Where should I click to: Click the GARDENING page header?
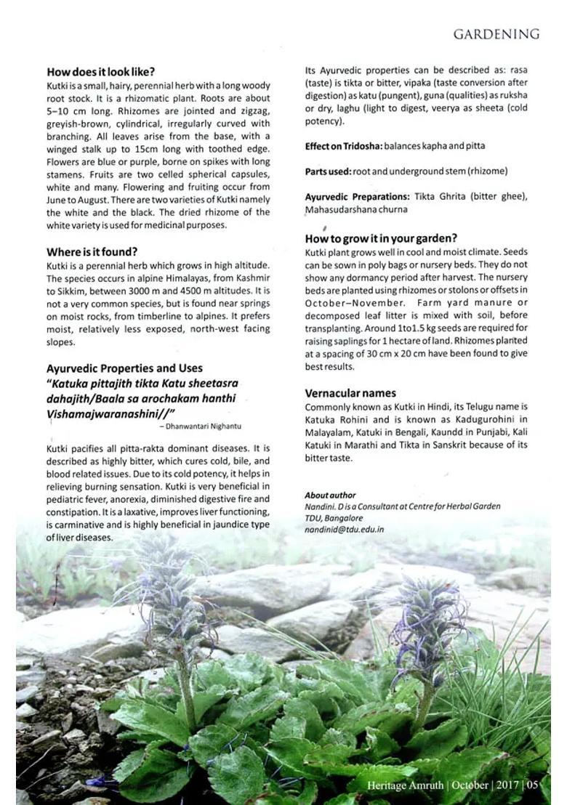496,35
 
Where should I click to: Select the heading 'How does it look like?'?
100,72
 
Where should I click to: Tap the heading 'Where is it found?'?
92,252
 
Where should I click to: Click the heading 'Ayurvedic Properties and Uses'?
124,368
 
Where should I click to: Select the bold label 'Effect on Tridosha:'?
343,146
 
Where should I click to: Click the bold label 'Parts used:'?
327,171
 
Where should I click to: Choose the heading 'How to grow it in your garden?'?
381,238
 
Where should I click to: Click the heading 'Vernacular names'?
350,393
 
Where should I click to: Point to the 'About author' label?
330,495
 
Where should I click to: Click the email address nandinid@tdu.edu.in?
344,530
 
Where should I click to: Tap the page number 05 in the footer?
533,785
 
